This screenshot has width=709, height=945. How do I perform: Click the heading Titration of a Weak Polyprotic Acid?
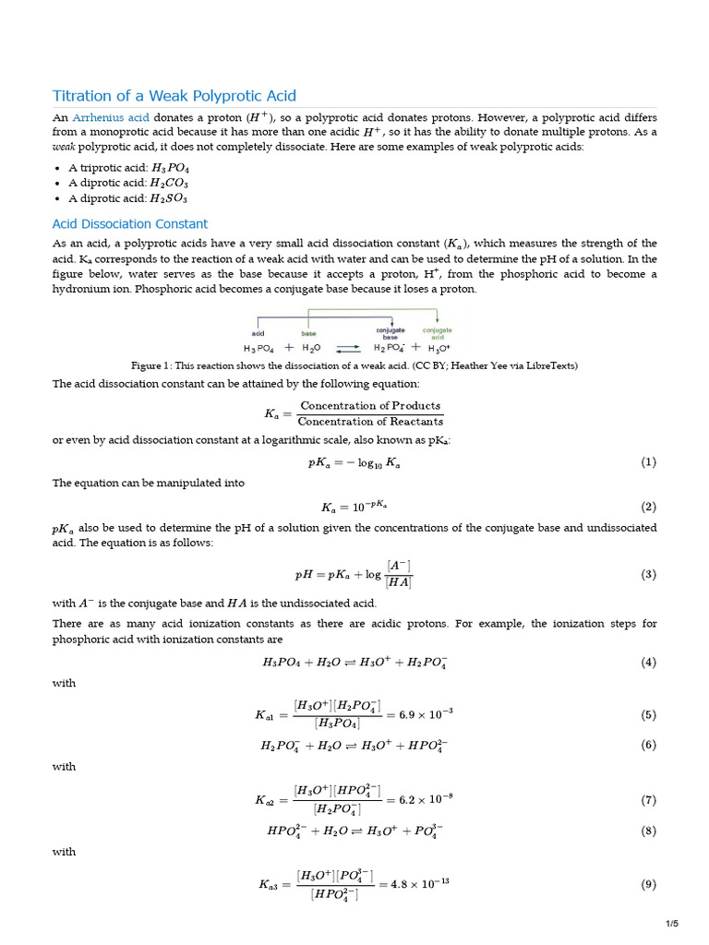click(x=174, y=96)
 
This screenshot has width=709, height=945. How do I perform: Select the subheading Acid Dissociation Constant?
click(x=130, y=223)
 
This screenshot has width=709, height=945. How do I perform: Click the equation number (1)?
click(x=648, y=462)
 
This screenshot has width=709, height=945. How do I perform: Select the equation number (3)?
click(x=648, y=574)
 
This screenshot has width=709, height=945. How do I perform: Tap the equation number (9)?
click(x=648, y=884)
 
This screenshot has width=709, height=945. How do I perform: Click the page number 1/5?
click(x=671, y=924)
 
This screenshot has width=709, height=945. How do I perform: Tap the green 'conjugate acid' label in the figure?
click(x=437, y=333)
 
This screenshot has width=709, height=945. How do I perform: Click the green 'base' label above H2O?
click(x=308, y=333)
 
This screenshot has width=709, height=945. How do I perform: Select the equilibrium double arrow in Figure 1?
click(x=347, y=349)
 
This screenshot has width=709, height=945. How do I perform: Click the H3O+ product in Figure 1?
click(x=439, y=349)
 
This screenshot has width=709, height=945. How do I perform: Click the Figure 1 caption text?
click(x=354, y=365)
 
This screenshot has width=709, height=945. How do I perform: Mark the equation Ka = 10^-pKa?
click(x=354, y=507)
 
